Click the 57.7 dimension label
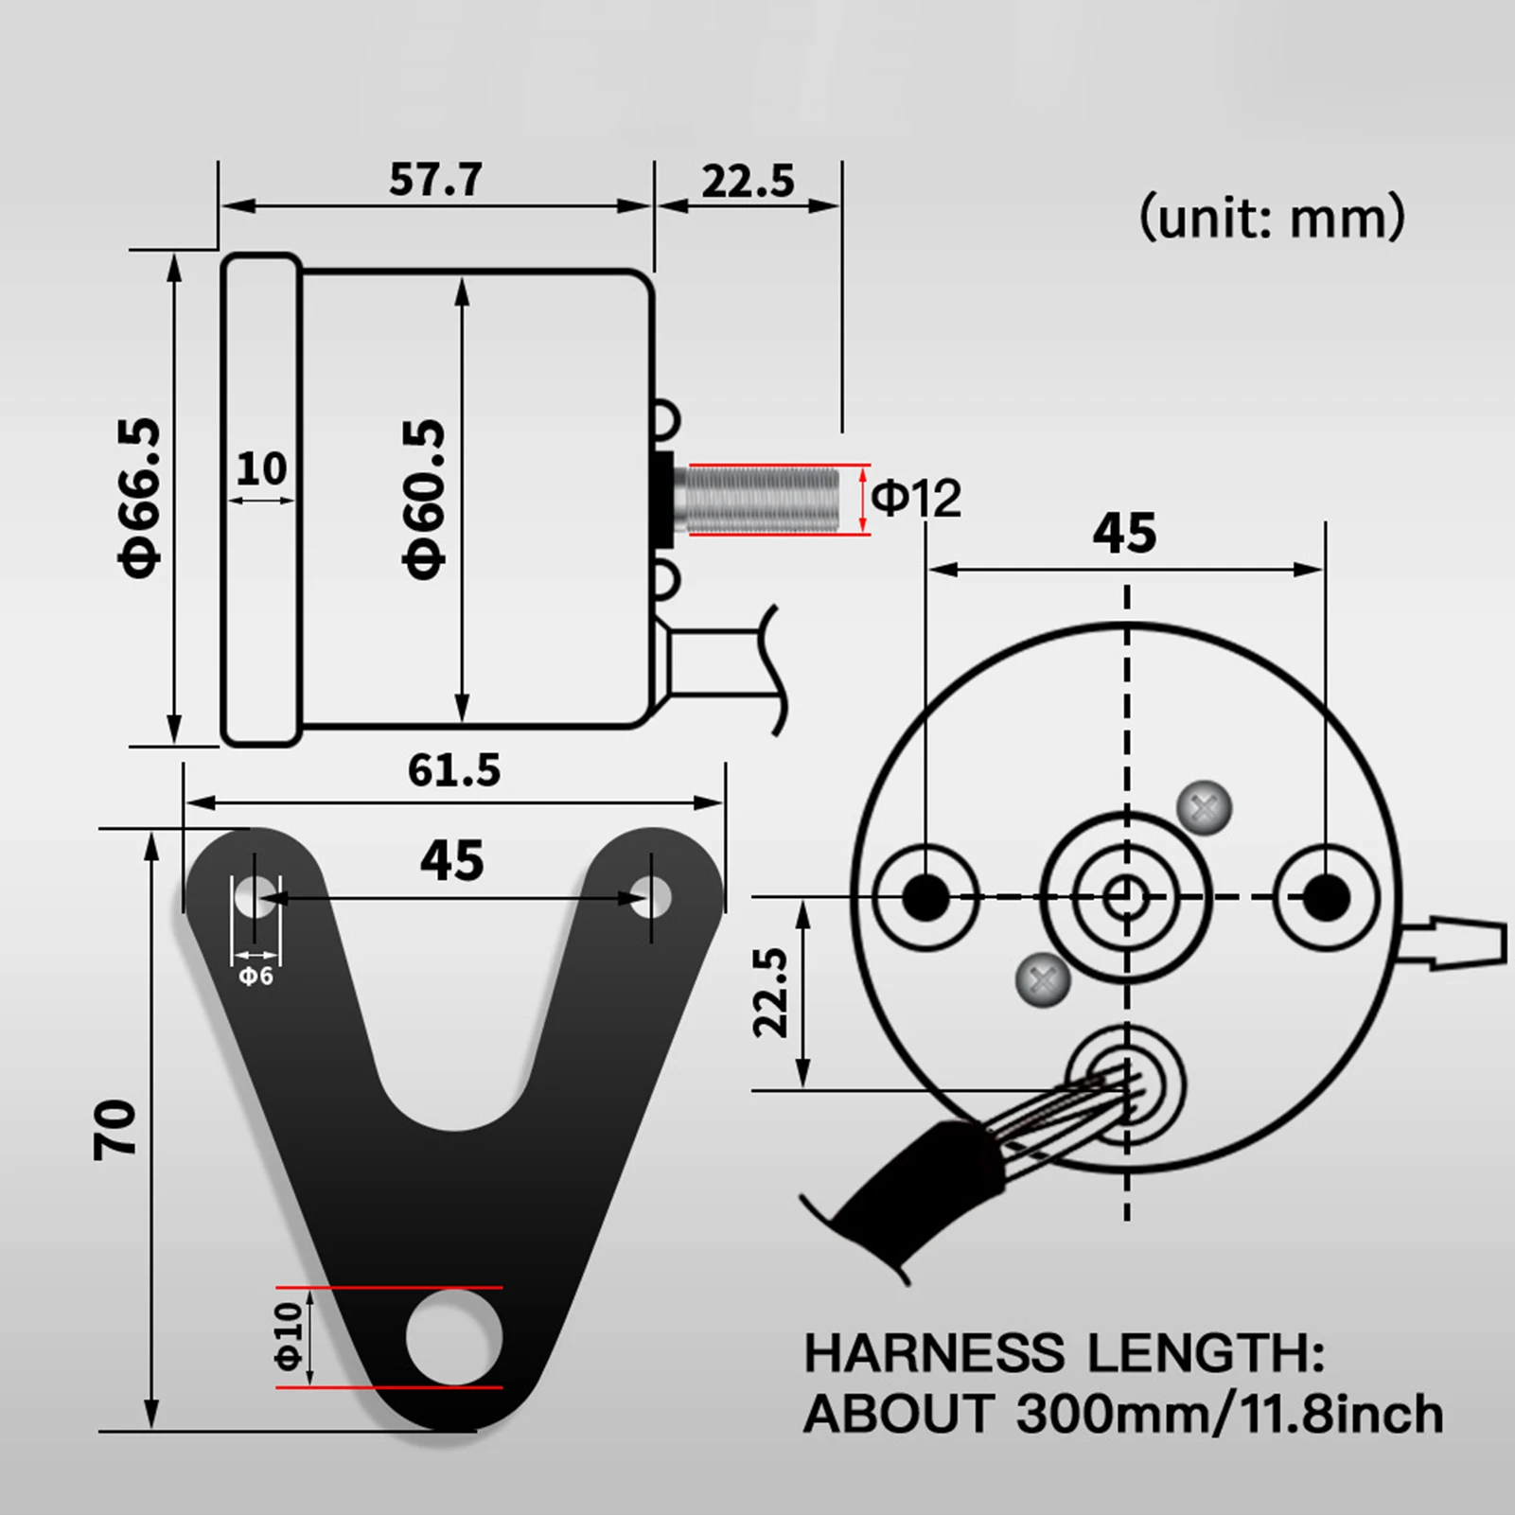click(x=435, y=179)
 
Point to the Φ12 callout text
click(x=915, y=498)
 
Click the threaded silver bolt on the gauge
click(x=762, y=499)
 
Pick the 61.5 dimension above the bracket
click(x=453, y=770)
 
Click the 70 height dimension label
click(x=115, y=1129)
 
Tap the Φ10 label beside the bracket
click(x=289, y=1336)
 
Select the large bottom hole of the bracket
click(x=454, y=1337)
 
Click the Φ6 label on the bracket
click(x=255, y=976)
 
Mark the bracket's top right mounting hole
click(x=651, y=896)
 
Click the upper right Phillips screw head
click(x=1204, y=808)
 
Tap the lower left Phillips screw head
click(x=1042, y=979)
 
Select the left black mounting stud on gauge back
click(x=925, y=896)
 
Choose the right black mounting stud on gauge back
click(x=1326, y=896)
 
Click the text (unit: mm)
click(x=1271, y=218)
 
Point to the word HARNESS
click(x=933, y=1353)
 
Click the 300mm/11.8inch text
click(x=1229, y=1415)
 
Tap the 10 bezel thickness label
click(x=261, y=468)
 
